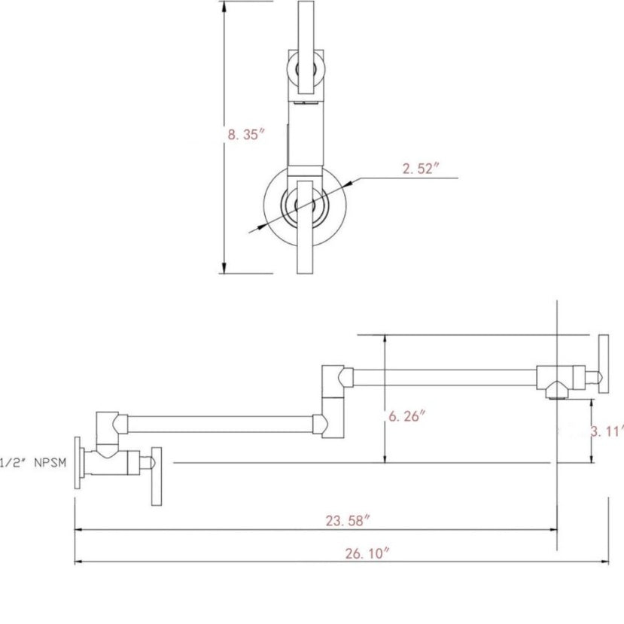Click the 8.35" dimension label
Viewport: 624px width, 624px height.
click(x=245, y=134)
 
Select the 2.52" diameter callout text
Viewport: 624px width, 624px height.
click(x=420, y=169)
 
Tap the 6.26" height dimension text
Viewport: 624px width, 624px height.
click(x=406, y=416)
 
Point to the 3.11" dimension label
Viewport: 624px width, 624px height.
click(x=607, y=431)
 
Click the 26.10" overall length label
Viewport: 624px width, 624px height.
click(x=367, y=553)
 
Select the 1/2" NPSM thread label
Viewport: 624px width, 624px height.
click(x=33, y=462)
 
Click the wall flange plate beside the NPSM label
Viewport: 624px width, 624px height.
click(x=78, y=462)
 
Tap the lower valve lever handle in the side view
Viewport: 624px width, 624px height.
click(x=157, y=476)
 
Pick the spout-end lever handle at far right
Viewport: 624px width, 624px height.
click(x=604, y=364)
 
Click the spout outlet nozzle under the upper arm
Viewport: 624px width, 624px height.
click(x=556, y=393)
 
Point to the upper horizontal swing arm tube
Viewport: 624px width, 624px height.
click(x=445, y=377)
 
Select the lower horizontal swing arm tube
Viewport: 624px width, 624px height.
click(x=220, y=425)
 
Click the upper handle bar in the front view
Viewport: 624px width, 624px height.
click(x=306, y=47)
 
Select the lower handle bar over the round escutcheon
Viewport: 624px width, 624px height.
click(x=306, y=227)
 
